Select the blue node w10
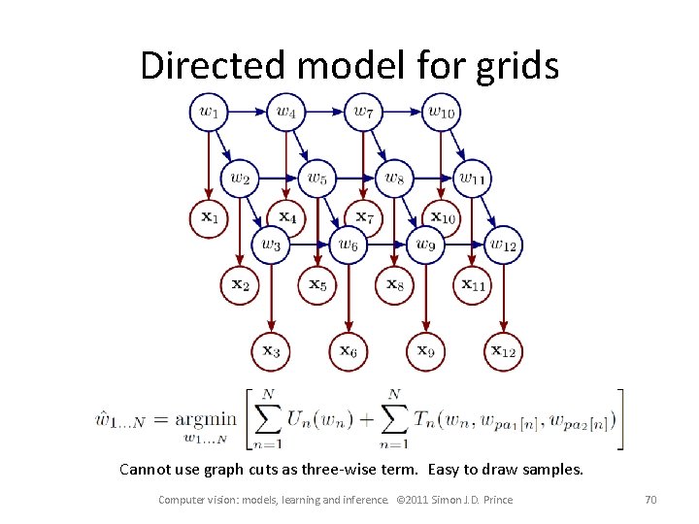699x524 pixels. point(441,112)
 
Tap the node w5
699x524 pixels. point(316,178)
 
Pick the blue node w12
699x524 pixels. point(503,245)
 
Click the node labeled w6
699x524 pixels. point(348,245)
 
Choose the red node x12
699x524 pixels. point(503,351)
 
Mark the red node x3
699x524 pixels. point(271,351)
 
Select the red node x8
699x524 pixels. point(394,284)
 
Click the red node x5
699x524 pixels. point(317,284)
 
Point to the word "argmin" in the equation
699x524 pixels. point(206,418)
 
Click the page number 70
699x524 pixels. point(650,500)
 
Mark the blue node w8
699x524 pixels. point(394,178)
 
